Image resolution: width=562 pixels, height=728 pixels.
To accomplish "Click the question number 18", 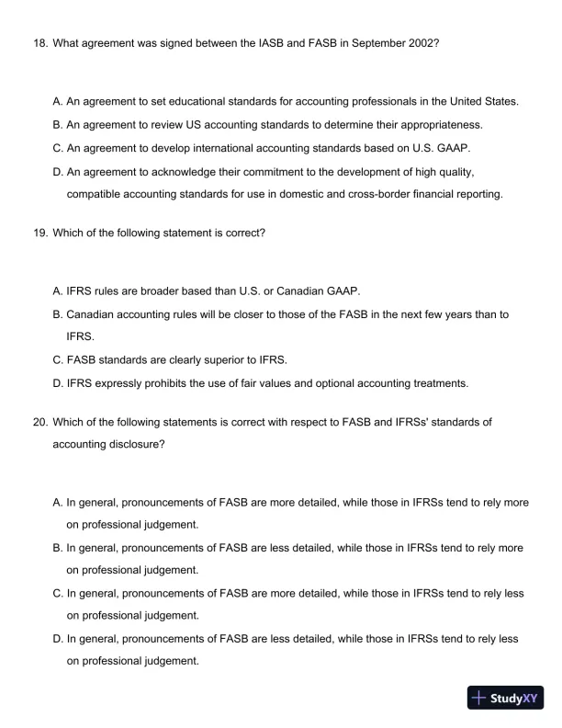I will (39, 43).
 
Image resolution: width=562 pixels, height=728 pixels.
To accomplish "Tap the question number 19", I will (39, 233).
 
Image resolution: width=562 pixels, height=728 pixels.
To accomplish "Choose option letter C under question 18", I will (58, 147).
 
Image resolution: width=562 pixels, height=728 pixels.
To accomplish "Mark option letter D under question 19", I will (58, 382).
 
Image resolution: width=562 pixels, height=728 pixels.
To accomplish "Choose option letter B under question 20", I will (58, 548).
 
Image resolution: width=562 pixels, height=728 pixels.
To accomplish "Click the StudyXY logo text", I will (512, 699).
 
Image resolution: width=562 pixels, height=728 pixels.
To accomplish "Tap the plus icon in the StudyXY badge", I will (478, 699).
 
